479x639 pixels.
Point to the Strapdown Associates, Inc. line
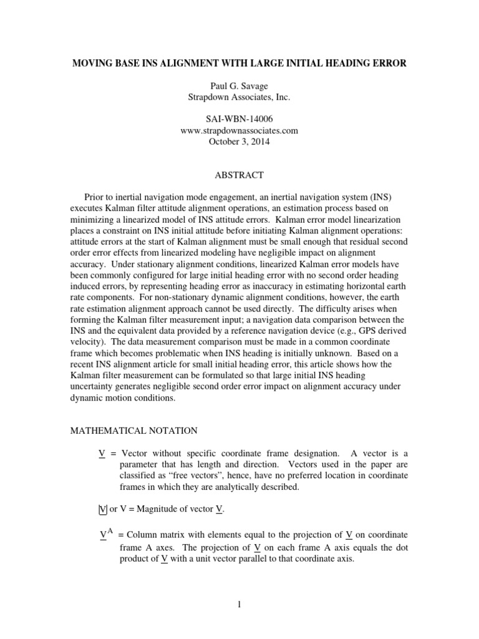[239, 97]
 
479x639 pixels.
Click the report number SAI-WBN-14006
[239, 120]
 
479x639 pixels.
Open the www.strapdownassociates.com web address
[239, 130]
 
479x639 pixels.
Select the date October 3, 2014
[239, 142]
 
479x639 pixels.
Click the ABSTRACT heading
[239, 175]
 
